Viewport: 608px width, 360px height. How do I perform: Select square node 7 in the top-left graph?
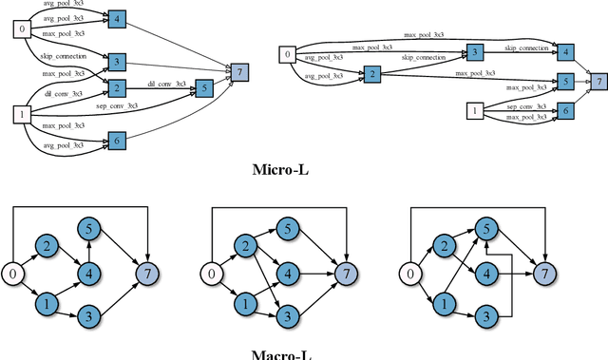point(240,72)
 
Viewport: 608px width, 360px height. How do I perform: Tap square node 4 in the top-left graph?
point(116,18)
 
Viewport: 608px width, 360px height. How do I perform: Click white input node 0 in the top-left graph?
point(20,28)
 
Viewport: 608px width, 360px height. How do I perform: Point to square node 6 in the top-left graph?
point(116,140)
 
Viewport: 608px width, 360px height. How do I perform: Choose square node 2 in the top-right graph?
point(372,73)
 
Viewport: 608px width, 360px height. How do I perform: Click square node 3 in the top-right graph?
point(475,51)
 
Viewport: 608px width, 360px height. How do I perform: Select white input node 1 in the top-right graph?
point(472,112)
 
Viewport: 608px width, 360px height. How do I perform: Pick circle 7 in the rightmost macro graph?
point(544,275)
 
